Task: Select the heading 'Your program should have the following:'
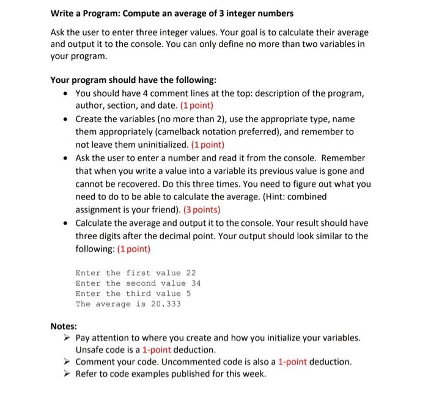click(x=133, y=80)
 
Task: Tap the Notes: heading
click(x=64, y=326)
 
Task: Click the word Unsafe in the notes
click(x=90, y=350)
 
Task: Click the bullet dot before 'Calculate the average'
click(x=66, y=223)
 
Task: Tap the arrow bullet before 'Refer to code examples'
click(x=68, y=374)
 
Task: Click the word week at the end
click(x=253, y=374)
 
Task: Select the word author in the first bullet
click(x=90, y=105)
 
